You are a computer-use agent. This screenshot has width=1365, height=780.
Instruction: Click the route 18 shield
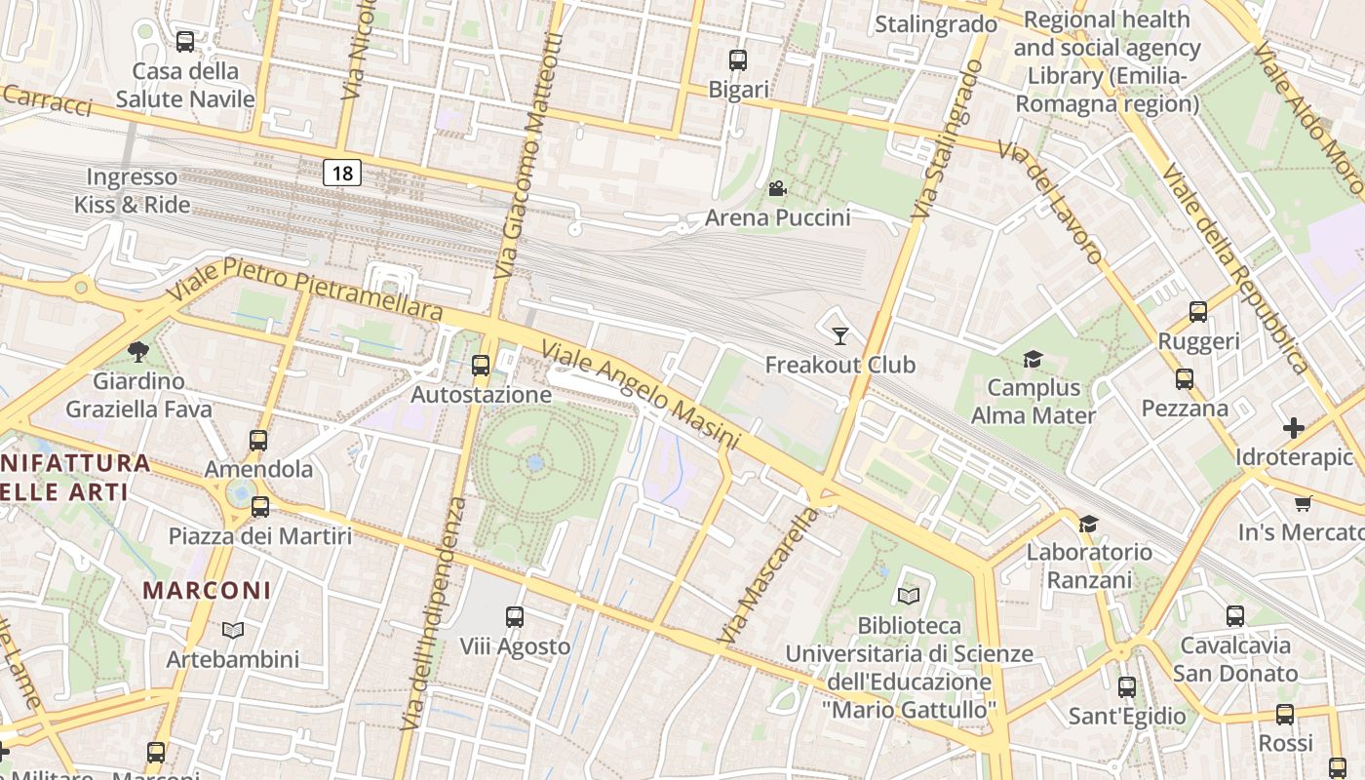pyautogui.click(x=342, y=174)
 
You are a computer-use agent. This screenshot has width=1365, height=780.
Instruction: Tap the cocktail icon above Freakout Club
pyautogui.click(x=839, y=336)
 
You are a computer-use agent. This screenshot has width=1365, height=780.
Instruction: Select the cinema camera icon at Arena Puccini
pyautogui.click(x=777, y=188)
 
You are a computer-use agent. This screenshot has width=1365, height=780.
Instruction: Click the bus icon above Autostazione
pyautogui.click(x=480, y=366)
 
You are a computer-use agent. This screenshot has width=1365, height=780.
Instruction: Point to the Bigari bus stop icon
pyautogui.click(x=738, y=60)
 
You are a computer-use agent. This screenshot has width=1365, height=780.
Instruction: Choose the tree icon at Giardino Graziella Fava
pyautogui.click(x=138, y=351)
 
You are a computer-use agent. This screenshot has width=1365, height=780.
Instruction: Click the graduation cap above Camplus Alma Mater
pyautogui.click(x=1033, y=360)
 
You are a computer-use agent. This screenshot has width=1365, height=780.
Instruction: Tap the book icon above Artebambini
pyautogui.click(x=232, y=630)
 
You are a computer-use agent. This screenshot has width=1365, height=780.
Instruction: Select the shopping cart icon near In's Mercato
pyautogui.click(x=1303, y=503)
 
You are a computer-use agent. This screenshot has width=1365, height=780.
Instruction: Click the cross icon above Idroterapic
pyautogui.click(x=1294, y=427)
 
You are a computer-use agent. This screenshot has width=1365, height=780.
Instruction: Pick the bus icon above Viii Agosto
pyautogui.click(x=515, y=616)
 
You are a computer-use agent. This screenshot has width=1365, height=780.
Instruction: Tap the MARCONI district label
pyautogui.click(x=207, y=590)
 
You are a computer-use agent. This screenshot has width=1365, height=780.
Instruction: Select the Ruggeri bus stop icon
pyautogui.click(x=1198, y=312)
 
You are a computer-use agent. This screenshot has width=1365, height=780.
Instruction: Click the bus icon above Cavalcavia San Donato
pyautogui.click(x=1235, y=615)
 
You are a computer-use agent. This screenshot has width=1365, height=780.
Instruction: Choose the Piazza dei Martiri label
pyautogui.click(x=259, y=535)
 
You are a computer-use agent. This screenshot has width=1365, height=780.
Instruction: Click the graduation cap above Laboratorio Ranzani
pyautogui.click(x=1088, y=524)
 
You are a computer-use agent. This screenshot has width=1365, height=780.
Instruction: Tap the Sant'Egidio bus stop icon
pyautogui.click(x=1127, y=686)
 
